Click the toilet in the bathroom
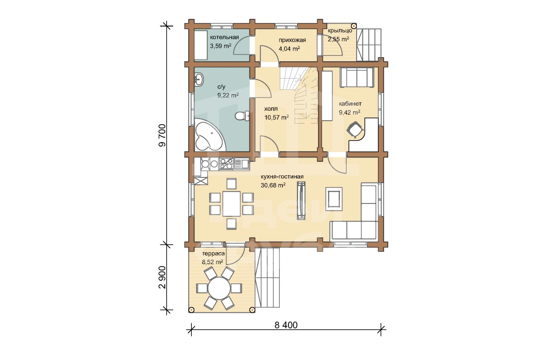[242, 116]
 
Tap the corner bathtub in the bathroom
[209, 135]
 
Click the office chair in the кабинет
[355, 130]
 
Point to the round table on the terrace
[219, 288]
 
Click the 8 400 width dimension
[286, 325]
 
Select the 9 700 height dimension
[162, 135]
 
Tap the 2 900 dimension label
[162, 277]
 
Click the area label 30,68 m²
[273, 185]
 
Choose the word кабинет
[350, 104]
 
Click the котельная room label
[224, 37]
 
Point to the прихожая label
[292, 40]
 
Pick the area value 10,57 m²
[276, 117]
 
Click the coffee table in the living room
[334, 199]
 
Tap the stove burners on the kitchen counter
[226, 164]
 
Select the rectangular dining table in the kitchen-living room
[232, 204]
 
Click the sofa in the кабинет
[357, 77]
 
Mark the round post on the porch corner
[354, 26]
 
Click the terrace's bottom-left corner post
[192, 310]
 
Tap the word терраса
[213, 254]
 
